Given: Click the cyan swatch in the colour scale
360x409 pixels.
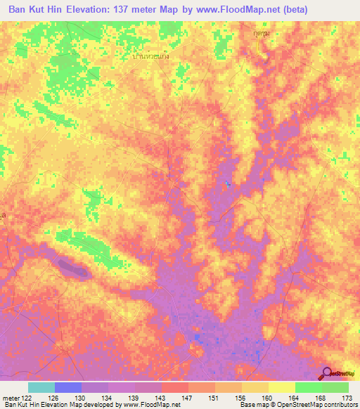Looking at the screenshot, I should click(x=41, y=387).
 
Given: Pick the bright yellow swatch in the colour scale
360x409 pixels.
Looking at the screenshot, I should click(x=281, y=387).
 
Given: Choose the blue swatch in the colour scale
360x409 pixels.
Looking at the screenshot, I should click(x=68, y=387).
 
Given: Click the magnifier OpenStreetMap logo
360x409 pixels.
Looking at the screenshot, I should click(x=328, y=374).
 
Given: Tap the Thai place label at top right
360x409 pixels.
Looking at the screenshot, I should click(x=262, y=33).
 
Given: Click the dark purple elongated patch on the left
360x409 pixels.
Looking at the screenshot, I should click(x=73, y=268).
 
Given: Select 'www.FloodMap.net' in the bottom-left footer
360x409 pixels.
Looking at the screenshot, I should click(x=146, y=405).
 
